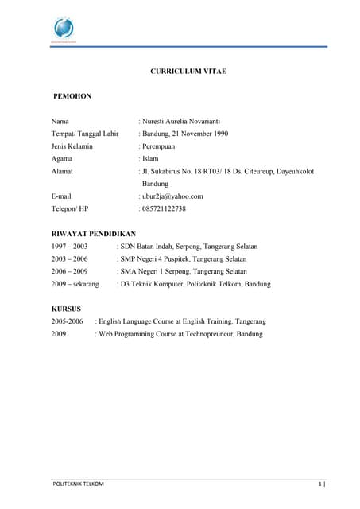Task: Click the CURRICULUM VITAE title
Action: pos(188,72)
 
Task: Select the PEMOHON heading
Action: pos(72,96)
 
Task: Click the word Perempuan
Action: pos(163,146)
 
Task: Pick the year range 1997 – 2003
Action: pos(69,247)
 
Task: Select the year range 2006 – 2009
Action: pos(69,271)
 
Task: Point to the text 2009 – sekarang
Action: pos(75,283)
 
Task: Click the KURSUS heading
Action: pos(66,309)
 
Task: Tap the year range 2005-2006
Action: pos(67,321)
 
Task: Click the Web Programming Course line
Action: pos(180,334)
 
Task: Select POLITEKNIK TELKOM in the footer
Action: pos(77,484)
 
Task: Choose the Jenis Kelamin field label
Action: pos(72,146)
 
